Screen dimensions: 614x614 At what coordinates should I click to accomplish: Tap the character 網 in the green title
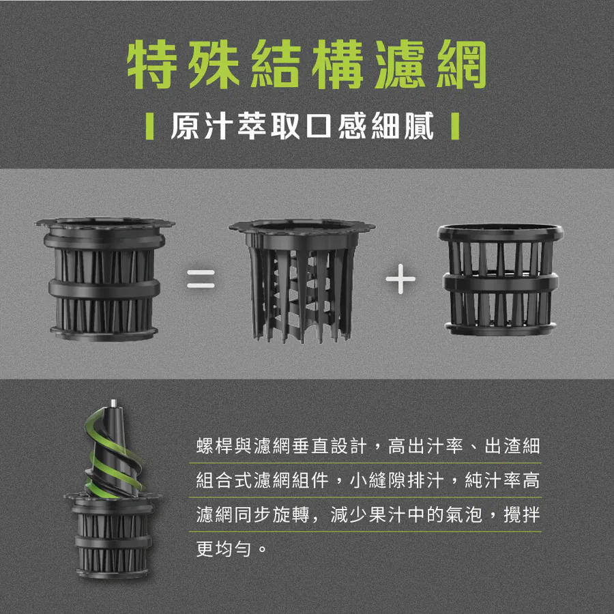click(461, 64)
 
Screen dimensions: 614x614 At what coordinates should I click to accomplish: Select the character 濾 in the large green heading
click(400, 64)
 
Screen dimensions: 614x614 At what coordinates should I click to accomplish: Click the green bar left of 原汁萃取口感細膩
click(149, 126)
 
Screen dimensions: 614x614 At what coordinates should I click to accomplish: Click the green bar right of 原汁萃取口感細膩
click(455, 126)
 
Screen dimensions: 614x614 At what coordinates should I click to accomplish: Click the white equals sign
click(201, 279)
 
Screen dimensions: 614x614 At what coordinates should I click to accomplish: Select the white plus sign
click(400, 279)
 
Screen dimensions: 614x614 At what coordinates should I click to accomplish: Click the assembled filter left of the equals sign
click(104, 279)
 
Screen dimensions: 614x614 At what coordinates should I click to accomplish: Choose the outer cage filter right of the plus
click(501, 280)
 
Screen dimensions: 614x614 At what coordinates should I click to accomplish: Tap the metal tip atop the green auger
click(113, 403)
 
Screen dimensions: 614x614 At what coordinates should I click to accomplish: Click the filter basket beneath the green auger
click(113, 536)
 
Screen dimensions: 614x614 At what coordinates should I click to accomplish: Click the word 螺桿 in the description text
click(215, 445)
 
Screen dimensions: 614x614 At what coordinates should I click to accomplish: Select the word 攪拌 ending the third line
click(522, 514)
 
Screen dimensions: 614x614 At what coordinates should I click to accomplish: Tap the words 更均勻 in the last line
click(223, 549)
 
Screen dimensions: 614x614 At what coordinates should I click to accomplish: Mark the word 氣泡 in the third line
click(465, 514)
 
